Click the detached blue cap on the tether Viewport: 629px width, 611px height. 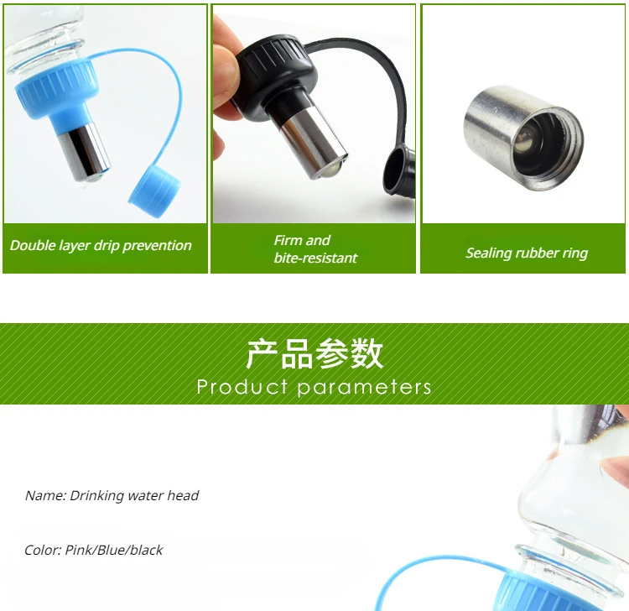[154, 191]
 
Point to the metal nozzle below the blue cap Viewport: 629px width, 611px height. [84, 152]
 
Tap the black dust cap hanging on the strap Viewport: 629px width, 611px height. [398, 170]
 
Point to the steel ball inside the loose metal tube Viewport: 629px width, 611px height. [528, 143]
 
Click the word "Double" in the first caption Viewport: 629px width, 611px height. [32, 245]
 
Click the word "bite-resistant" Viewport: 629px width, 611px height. [315, 258]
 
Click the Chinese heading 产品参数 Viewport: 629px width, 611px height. [314, 353]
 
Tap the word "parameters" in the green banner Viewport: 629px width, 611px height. [364, 388]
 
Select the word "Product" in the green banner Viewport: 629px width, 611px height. [242, 387]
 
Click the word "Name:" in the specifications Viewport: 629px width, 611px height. [45, 495]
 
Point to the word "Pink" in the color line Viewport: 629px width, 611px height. [78, 550]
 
